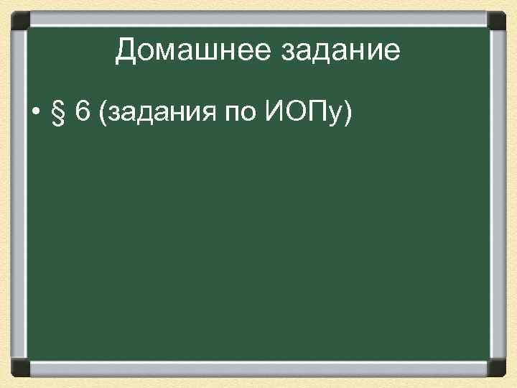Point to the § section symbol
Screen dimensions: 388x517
click(x=57, y=114)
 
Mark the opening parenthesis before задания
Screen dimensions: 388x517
click(x=106, y=114)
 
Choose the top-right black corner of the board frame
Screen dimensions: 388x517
click(x=497, y=18)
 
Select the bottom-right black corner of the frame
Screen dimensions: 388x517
click(x=497, y=369)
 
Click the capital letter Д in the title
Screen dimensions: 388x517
click(x=126, y=51)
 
